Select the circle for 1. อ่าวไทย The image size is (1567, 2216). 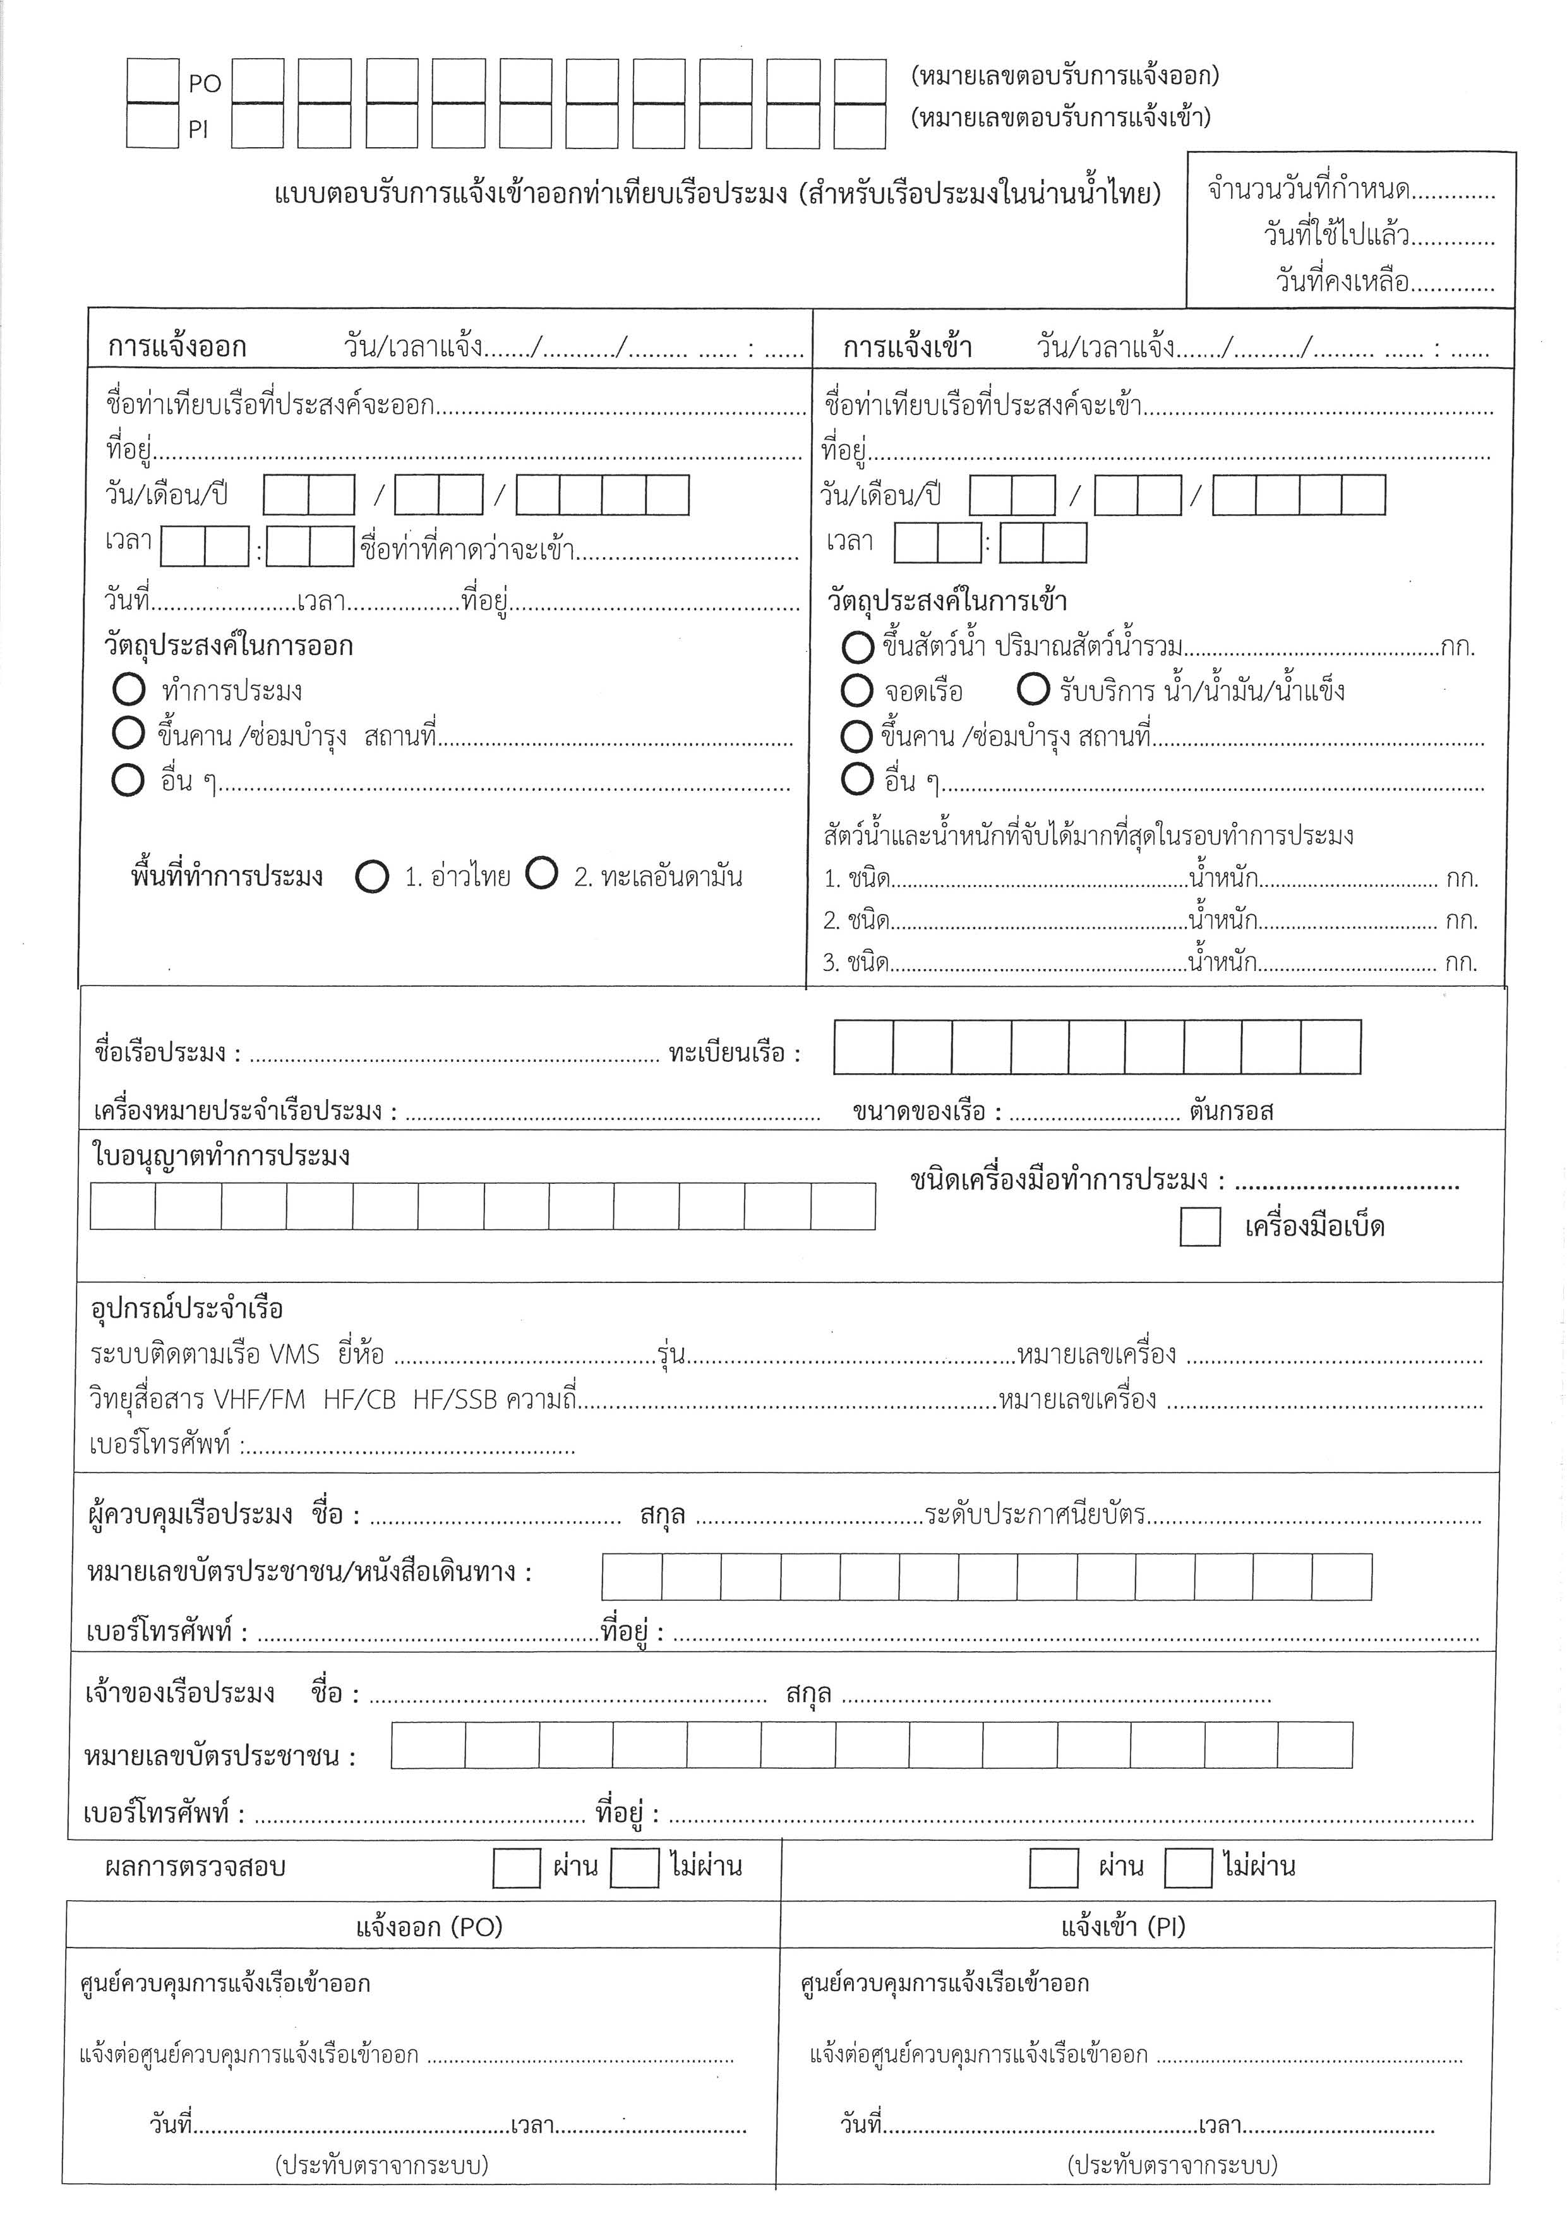pyautogui.click(x=371, y=876)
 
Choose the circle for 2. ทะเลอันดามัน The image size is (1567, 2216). pyautogui.click(x=541, y=874)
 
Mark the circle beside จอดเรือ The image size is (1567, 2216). pyautogui.click(x=857, y=690)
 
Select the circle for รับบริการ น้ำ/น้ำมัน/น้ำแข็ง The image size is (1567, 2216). pyautogui.click(x=1033, y=689)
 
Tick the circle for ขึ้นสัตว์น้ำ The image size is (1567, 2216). pyautogui.click(x=857, y=647)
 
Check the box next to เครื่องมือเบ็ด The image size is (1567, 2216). pyautogui.click(x=1199, y=1227)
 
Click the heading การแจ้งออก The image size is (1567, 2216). pyautogui.click(x=177, y=347)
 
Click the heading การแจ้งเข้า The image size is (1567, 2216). pyautogui.click(x=907, y=347)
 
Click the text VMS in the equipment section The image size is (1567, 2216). pyautogui.click(x=294, y=1355)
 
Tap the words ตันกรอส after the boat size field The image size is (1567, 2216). pyautogui.click(x=1232, y=1112)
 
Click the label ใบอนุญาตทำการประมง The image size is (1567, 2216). pyautogui.click(x=221, y=1156)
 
